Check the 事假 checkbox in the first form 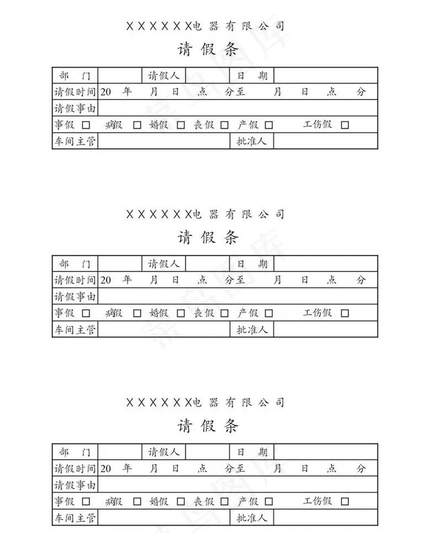(x=86, y=125)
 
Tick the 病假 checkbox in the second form (x=137, y=313)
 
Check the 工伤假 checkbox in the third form (x=345, y=502)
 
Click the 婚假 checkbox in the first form (x=181, y=125)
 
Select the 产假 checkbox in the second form (x=268, y=313)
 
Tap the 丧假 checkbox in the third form (x=224, y=502)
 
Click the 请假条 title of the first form (x=208, y=50)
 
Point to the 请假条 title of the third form (x=208, y=426)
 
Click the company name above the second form (x=205, y=214)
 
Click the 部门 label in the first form (x=75, y=76)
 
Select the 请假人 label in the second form (x=163, y=264)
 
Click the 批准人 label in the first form (x=251, y=141)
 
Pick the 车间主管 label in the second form (x=75, y=329)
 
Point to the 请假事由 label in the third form (x=75, y=484)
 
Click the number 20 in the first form (x=106, y=92)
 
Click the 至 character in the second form (x=240, y=280)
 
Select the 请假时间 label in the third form (x=75, y=469)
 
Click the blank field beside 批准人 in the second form (x=326, y=329)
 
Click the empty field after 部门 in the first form (x=120, y=76)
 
